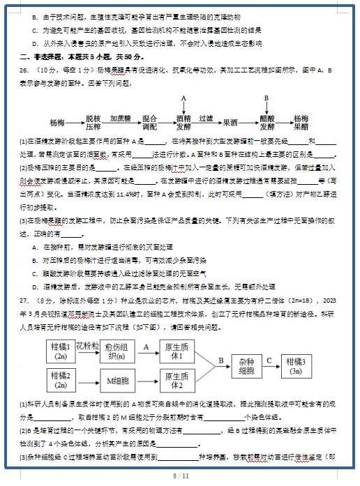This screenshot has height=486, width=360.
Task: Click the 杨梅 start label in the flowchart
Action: pyautogui.click(x=61, y=122)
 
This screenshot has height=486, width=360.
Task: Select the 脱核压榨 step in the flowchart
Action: pyautogui.click(x=93, y=122)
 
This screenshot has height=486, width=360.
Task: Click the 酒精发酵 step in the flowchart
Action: pyautogui.click(x=183, y=122)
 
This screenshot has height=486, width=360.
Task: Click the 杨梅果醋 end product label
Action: pyautogui.click(x=300, y=122)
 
